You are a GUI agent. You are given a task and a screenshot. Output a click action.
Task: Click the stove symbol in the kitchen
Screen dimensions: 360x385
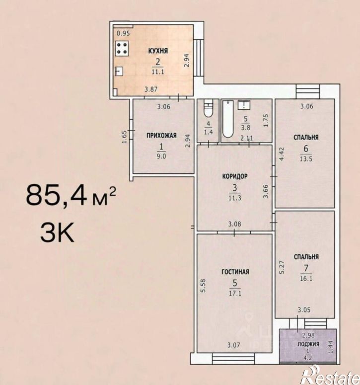click(122, 49)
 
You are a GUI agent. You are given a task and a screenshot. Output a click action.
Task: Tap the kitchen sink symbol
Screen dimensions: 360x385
click(119, 71)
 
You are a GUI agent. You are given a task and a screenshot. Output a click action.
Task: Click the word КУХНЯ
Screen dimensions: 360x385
click(158, 51)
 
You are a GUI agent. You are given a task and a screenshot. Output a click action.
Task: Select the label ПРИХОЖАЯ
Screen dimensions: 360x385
click(161, 136)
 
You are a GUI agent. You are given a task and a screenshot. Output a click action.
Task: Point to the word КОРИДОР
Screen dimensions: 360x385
click(235, 176)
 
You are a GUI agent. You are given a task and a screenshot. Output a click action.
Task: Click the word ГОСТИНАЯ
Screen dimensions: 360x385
click(235, 272)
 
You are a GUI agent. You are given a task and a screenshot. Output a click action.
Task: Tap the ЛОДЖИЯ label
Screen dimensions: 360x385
click(308, 344)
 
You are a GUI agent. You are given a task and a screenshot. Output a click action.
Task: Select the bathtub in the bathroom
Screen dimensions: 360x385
click(228, 119)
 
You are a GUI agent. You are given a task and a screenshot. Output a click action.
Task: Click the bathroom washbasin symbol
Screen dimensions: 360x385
click(244, 105)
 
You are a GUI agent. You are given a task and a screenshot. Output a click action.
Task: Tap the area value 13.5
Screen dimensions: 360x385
click(306, 158)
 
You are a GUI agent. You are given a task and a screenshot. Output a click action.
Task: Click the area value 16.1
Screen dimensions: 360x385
click(306, 279)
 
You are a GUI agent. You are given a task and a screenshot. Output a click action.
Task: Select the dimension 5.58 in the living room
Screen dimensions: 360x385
click(203, 286)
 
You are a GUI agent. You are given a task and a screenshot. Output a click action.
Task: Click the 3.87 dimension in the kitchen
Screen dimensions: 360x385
click(150, 89)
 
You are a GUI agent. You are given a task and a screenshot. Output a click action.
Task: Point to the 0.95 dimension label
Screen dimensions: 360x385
click(123, 33)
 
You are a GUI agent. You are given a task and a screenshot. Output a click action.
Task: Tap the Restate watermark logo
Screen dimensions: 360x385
click(331, 375)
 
